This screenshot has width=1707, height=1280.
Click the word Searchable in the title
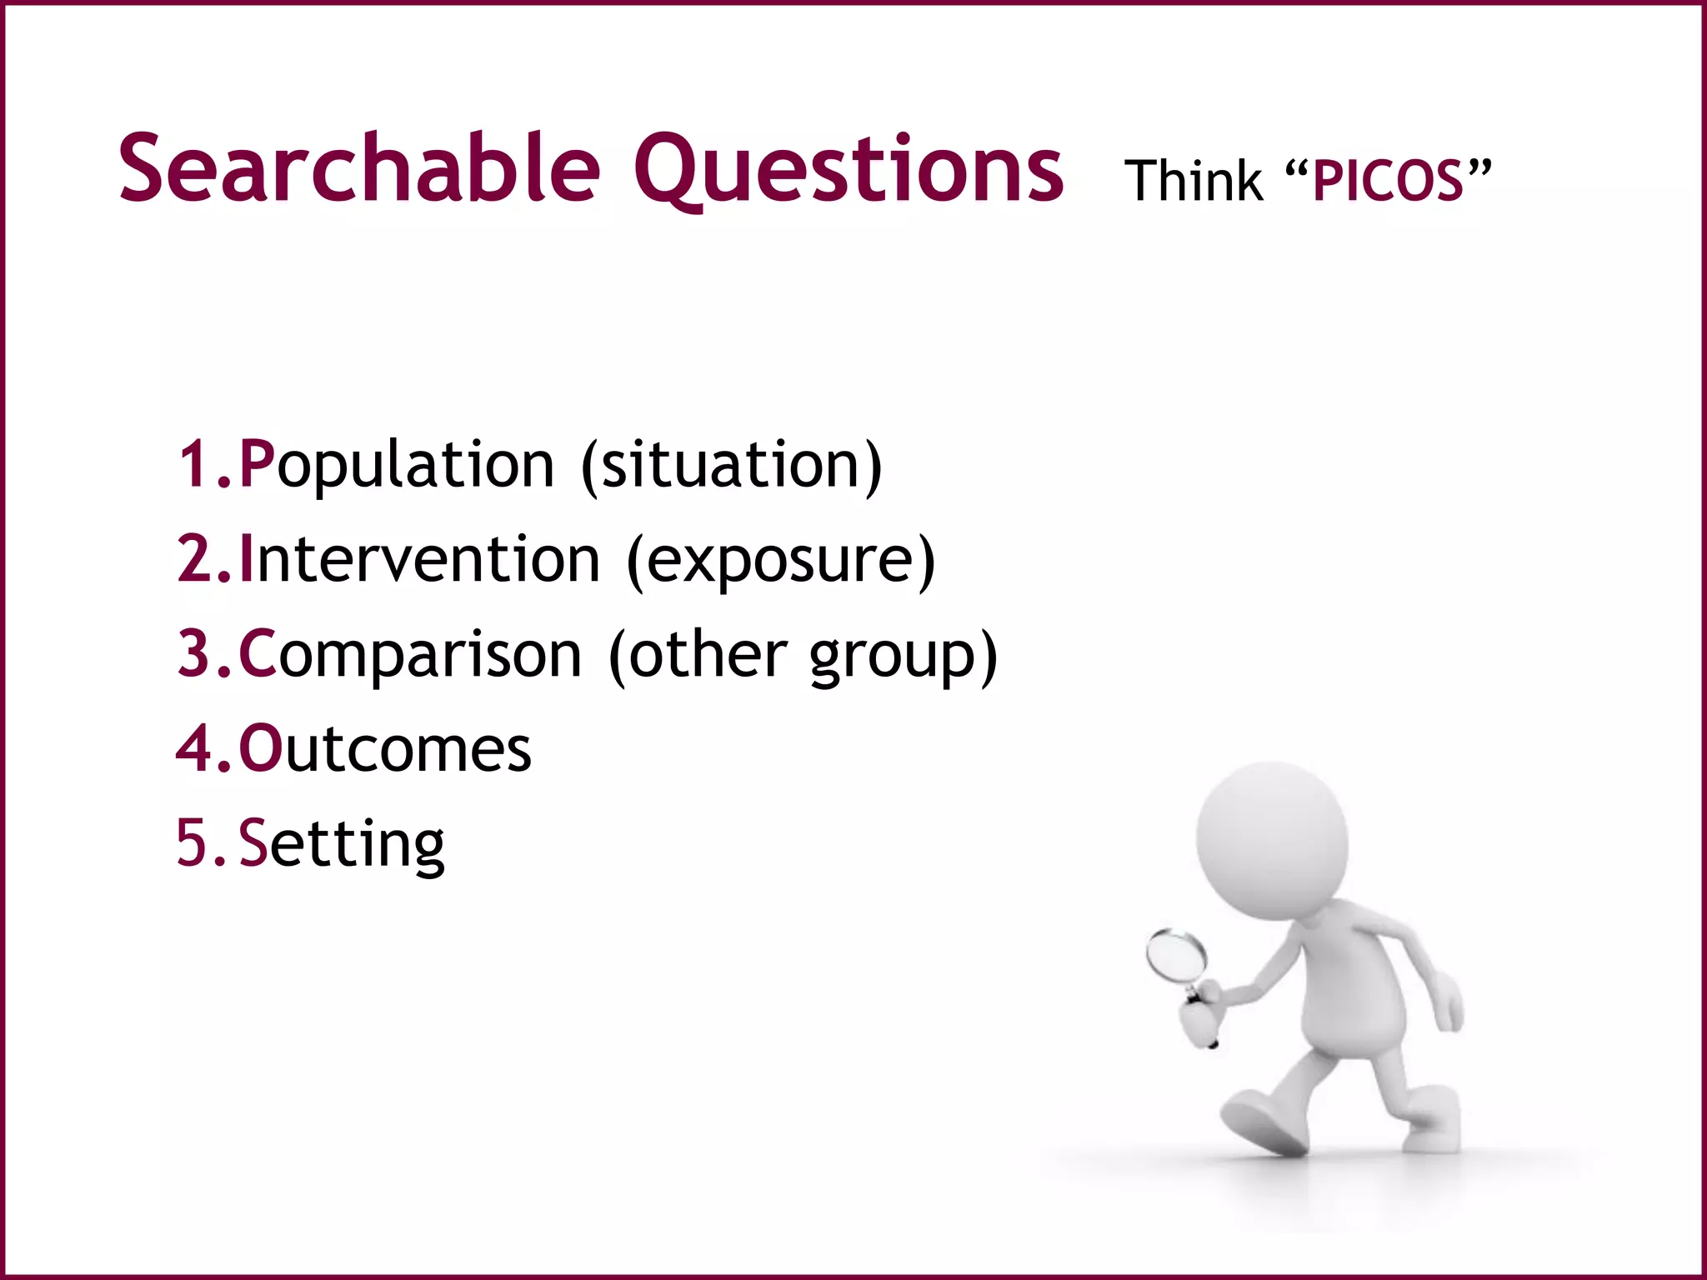pos(358,169)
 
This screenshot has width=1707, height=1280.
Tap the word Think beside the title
pos(1193,181)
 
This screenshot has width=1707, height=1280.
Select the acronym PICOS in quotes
pos(1388,181)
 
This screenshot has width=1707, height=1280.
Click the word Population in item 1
pos(397,465)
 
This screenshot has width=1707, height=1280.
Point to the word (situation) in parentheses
pos(731,465)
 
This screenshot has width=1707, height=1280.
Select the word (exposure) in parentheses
pos(781,561)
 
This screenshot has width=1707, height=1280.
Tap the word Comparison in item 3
pos(410,654)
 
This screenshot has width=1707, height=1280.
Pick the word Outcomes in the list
pos(385,749)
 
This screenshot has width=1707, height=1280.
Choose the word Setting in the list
pos(342,844)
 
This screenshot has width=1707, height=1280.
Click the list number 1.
pos(196,465)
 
